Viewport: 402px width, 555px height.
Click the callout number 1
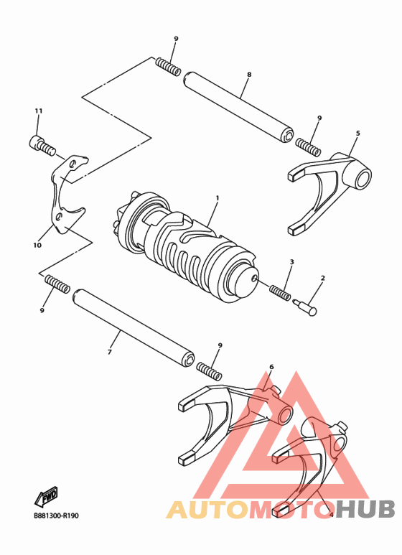[x=217, y=197]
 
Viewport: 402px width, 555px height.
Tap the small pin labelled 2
[x=309, y=306]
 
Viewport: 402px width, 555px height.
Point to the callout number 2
[x=323, y=277]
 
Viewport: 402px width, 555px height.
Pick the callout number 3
[x=291, y=263]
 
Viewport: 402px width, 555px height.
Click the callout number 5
[x=357, y=134]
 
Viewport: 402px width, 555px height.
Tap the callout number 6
[x=271, y=367]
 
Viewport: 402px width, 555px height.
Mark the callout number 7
[x=110, y=353]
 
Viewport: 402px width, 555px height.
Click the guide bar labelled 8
[x=238, y=103]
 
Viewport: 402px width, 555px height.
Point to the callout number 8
[x=248, y=74]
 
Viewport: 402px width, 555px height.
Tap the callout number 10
[x=37, y=245]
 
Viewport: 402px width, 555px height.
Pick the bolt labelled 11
[x=42, y=146]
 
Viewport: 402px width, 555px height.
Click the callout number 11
[x=39, y=111]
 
